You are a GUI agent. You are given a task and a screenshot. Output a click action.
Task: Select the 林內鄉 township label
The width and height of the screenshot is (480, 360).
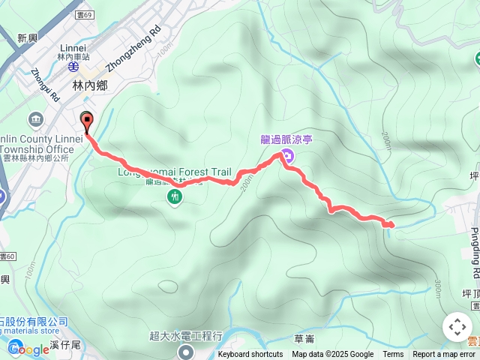tap(89, 86)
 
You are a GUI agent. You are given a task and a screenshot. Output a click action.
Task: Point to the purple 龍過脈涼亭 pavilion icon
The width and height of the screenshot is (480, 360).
tap(289, 157)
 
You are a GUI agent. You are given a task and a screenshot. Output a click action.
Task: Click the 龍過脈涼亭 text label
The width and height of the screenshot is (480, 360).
tap(290, 138)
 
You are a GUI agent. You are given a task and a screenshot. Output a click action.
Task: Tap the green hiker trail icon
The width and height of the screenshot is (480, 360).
tap(175, 197)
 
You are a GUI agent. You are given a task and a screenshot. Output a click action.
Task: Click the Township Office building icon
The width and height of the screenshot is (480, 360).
tap(36, 119)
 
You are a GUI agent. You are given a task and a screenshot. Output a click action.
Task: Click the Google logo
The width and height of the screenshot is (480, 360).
tap(28, 349)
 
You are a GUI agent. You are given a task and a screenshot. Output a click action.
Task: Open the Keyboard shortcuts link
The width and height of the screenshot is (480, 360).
tap(250, 355)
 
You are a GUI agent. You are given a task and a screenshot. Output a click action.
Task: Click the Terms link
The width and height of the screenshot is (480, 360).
tap(393, 355)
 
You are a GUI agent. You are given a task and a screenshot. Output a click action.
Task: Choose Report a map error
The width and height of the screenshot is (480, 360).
tap(444, 355)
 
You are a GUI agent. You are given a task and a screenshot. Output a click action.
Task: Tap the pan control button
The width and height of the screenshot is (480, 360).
tap(457, 327)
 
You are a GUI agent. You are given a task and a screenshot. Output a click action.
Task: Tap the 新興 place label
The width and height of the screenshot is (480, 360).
tap(27, 38)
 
